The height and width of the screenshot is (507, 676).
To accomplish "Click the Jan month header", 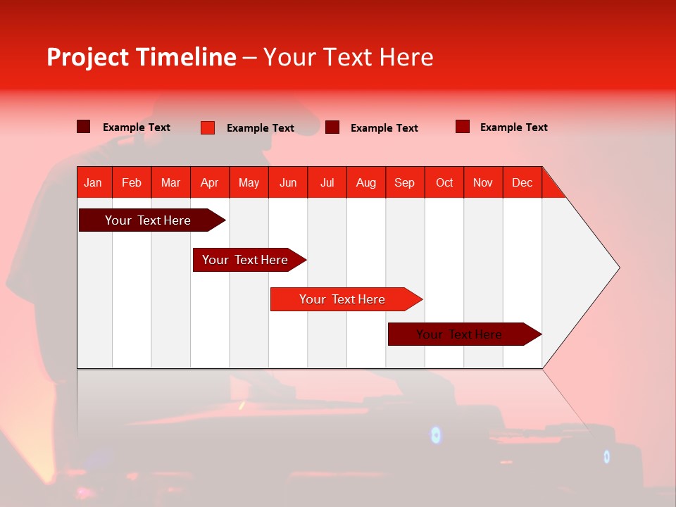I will tap(93, 182).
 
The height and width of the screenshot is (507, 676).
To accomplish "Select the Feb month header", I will tap(132, 182).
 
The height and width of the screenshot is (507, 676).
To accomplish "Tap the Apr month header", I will tap(209, 182).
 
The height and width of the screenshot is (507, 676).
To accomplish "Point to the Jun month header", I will tap(288, 182).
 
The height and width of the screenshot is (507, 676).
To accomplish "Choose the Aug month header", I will tap(365, 182).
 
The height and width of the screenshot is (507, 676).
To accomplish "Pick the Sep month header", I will tap(404, 182).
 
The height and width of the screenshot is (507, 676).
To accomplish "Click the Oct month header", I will tap(444, 182).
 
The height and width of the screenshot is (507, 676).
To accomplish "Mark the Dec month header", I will tap(522, 182).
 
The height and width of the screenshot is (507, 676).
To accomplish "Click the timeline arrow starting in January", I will tap(148, 220).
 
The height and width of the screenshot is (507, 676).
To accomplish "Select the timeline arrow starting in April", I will tap(245, 260).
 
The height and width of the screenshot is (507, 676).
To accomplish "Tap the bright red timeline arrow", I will tap(342, 299).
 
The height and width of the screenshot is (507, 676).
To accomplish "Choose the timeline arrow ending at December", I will tap(459, 334).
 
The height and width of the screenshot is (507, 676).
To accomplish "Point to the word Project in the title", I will tap(88, 57).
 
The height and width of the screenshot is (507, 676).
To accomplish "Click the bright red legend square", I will tap(208, 127).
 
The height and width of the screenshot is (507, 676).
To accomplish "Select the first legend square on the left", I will tap(84, 127).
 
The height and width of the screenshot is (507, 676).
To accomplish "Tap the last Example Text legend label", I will tap(513, 127).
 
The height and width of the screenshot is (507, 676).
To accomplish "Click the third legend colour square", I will tap(332, 127).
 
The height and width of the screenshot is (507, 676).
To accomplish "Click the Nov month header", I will tap(482, 182).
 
